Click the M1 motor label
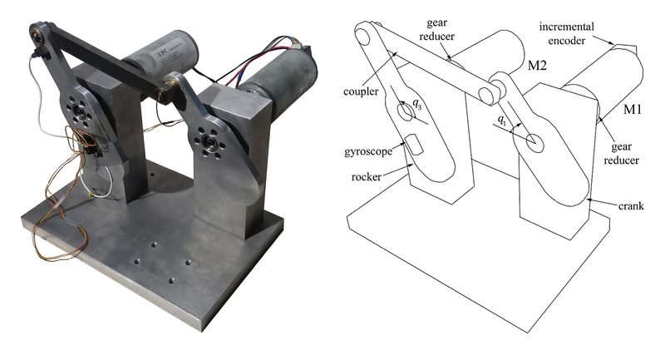tap(633, 110)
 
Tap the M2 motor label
tap(537, 66)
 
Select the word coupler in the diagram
tap(361, 91)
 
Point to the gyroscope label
tap(368, 151)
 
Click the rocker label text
tap(367, 176)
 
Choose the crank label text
tap(631, 205)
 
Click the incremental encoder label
tap(567, 33)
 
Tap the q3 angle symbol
tap(417, 104)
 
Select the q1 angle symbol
tap(502, 121)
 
